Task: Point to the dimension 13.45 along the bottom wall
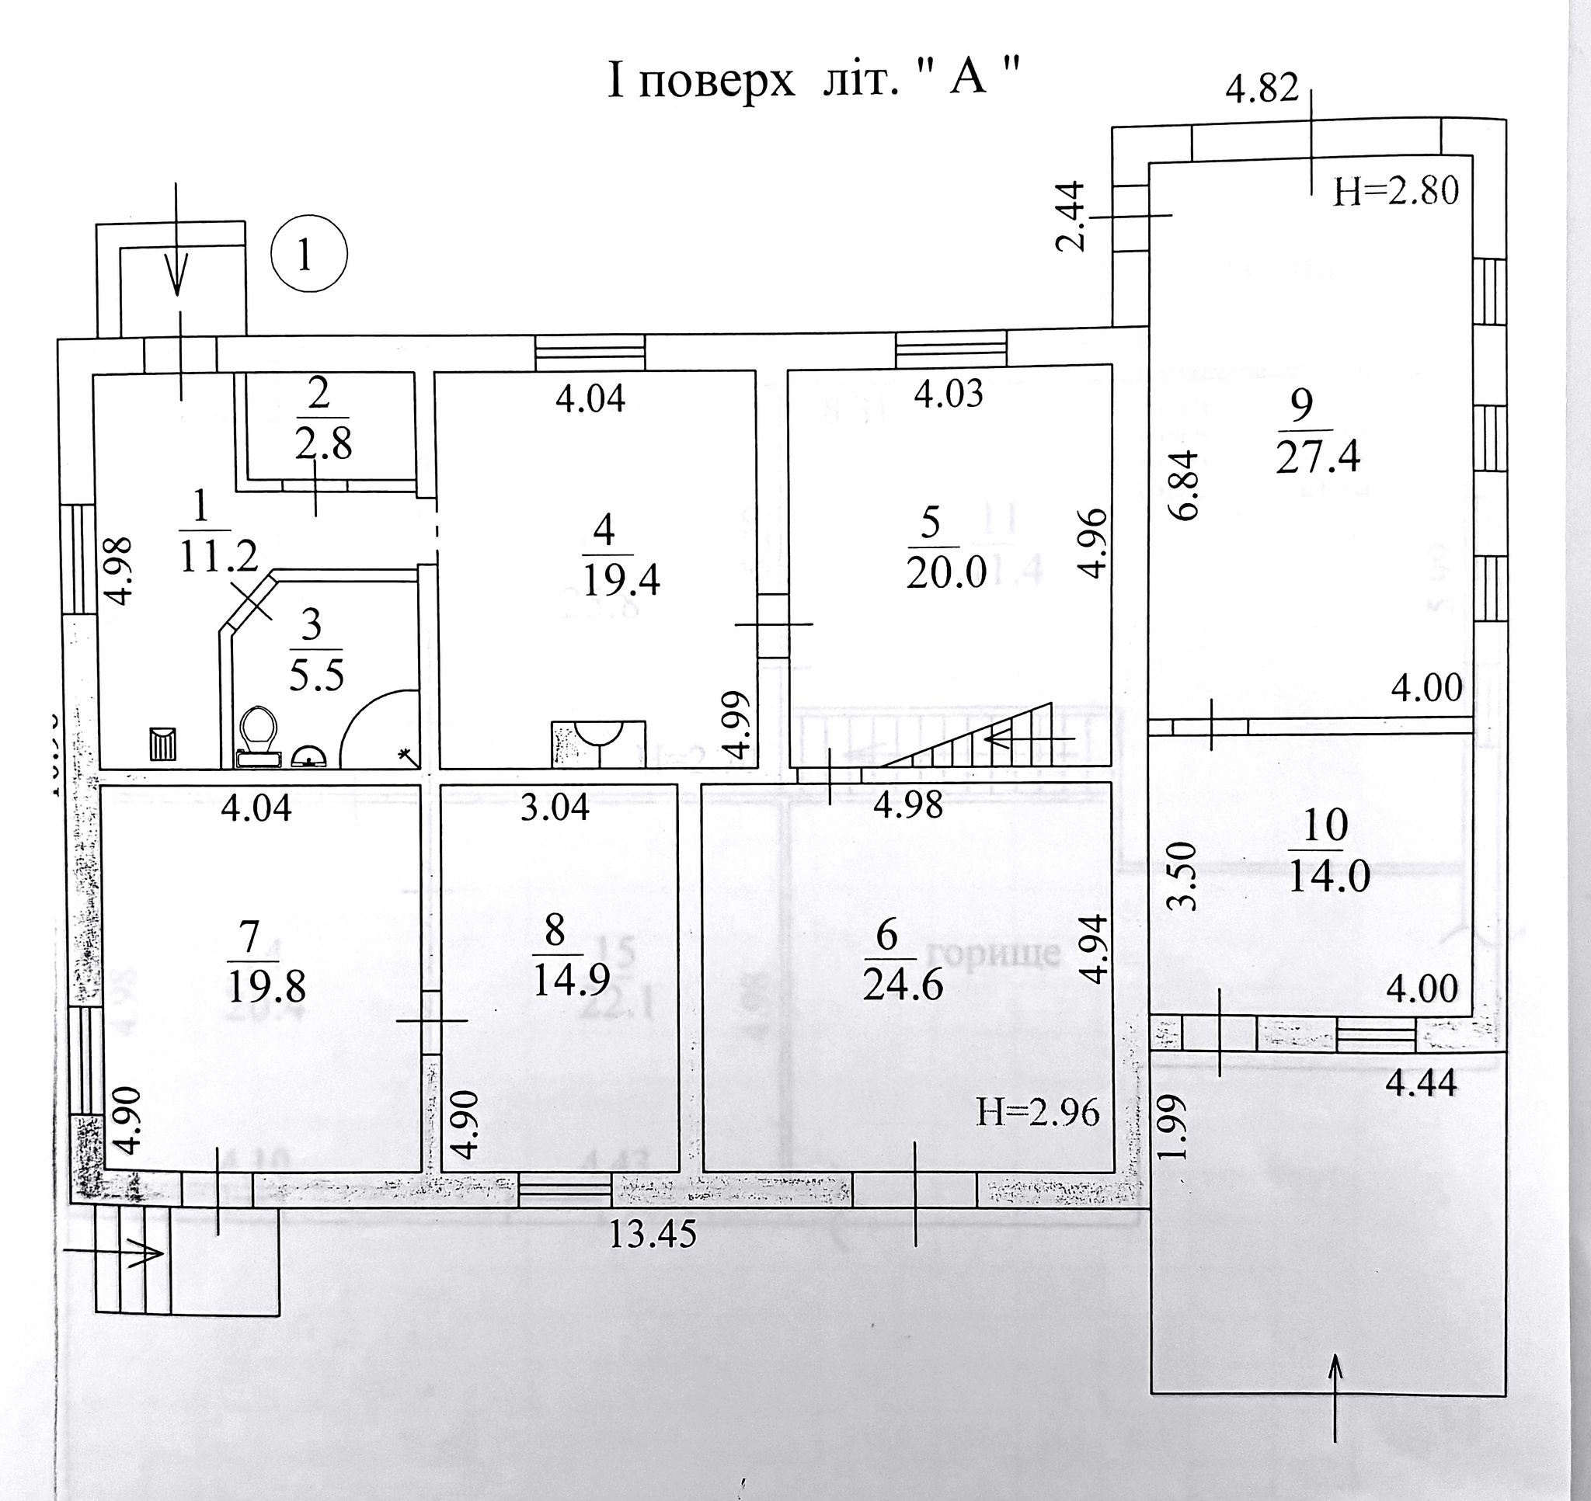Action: click(x=653, y=1235)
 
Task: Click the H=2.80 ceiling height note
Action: click(x=1396, y=192)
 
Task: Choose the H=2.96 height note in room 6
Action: click(x=1038, y=1113)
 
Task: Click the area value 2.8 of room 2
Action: click(x=322, y=445)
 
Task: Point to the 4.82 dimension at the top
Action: click(x=1262, y=89)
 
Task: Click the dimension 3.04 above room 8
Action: click(x=555, y=808)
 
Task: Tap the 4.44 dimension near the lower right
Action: click(x=1421, y=1084)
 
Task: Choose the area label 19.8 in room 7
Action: click(x=266, y=989)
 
